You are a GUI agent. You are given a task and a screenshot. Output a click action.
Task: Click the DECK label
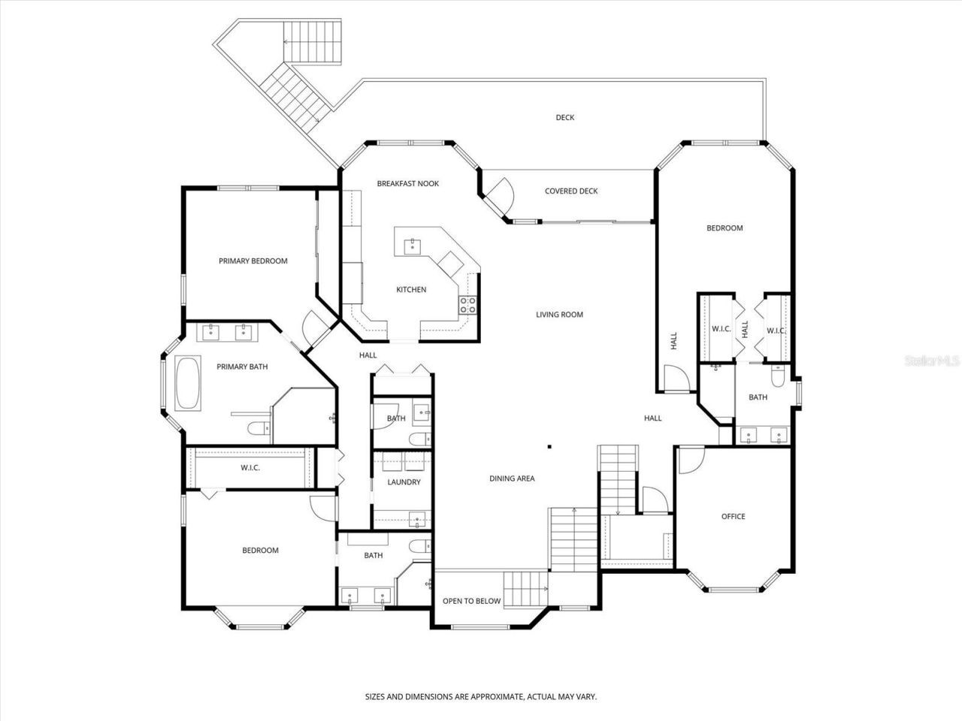pos(565,117)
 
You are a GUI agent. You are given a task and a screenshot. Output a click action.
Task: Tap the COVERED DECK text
pos(571,191)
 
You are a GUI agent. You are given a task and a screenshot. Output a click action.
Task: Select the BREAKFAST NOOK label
pos(408,183)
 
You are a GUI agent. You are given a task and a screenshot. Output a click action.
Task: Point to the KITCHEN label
pos(411,289)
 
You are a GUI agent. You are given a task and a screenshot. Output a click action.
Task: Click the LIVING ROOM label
pos(559,315)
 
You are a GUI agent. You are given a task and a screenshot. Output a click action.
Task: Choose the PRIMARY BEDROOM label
pos(253,261)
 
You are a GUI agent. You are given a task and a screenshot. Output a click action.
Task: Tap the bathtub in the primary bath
pos(188,383)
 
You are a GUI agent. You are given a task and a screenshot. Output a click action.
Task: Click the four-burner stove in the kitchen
pos(467,304)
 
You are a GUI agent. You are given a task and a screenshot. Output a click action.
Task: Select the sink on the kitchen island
pos(412,245)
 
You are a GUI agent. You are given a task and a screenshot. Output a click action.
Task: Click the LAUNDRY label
pos(404,481)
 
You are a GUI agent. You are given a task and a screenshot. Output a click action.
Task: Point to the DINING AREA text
pos(512,478)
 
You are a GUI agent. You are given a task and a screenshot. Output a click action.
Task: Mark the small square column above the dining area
pos(549,447)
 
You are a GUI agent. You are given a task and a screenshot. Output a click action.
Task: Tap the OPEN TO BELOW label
pos(471,601)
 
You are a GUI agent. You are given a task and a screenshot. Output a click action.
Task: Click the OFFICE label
pos(733,516)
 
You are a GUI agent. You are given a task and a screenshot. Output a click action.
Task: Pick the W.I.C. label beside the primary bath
pos(250,468)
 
